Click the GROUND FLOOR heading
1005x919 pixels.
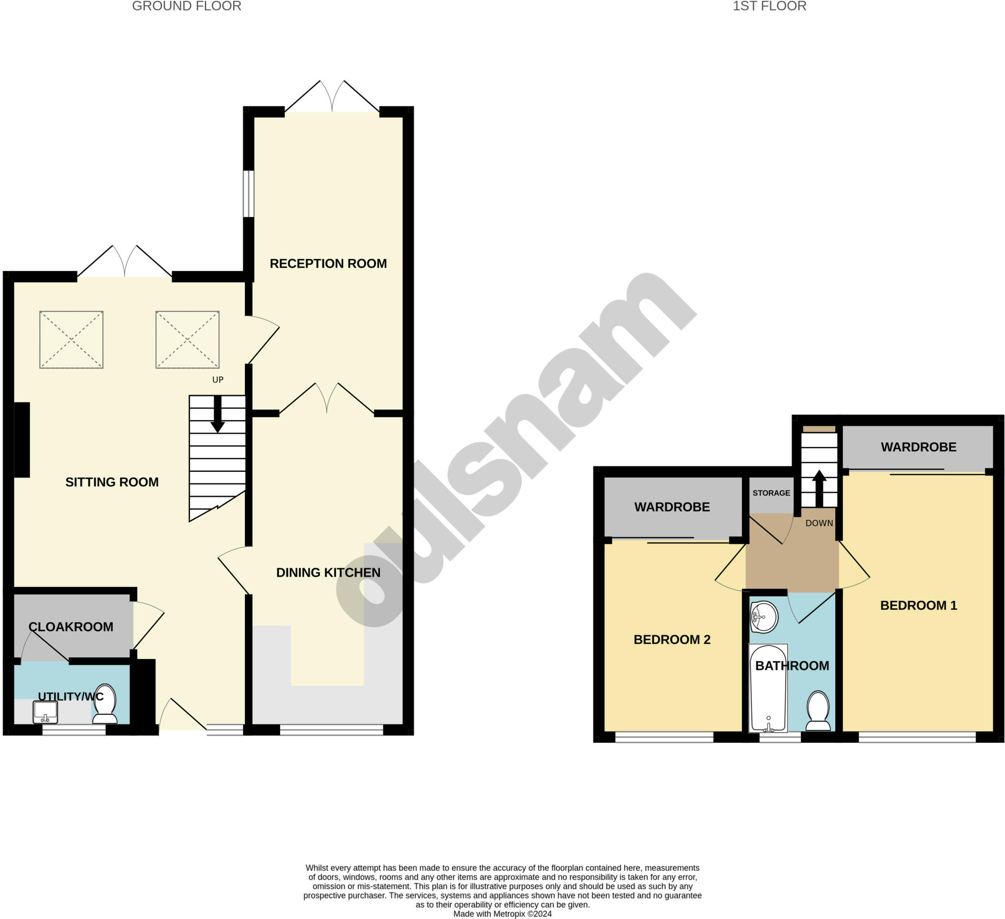pos(186,6)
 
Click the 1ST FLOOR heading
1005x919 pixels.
pos(769,6)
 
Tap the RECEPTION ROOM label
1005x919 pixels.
pos(328,263)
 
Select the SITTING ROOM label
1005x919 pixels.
pos(112,482)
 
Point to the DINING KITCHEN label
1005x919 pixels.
pos(328,572)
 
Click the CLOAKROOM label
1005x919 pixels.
pos(71,627)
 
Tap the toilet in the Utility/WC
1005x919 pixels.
pos(105,703)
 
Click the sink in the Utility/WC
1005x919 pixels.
pos(45,711)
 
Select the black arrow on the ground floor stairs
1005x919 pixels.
pos(217,414)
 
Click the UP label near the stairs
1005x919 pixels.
pos(218,379)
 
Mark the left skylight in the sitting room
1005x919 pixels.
pos(71,340)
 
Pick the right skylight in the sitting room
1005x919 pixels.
pos(187,340)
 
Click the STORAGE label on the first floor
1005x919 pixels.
pos(771,493)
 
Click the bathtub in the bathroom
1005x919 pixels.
pos(768,689)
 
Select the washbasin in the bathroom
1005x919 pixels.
pos(764,617)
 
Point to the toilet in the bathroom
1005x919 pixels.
pos(818,710)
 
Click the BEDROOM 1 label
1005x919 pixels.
pos(918,605)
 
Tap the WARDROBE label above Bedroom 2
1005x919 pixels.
pos(672,507)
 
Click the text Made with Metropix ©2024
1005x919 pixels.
pos(502,914)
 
